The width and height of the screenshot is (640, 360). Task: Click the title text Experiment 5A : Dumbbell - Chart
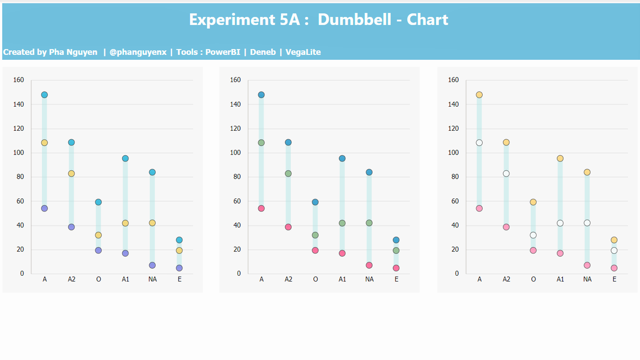[x=318, y=20]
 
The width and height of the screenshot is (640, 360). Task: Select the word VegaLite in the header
[x=303, y=52]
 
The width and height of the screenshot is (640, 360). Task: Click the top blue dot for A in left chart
[x=44, y=95]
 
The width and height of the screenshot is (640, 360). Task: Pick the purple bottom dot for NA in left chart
[x=152, y=265]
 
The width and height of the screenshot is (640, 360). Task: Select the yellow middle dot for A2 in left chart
[x=71, y=173]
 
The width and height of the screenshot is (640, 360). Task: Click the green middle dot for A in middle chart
[x=261, y=142]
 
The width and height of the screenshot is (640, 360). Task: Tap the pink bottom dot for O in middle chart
[x=315, y=250]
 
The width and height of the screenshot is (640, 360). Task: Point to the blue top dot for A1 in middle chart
[x=342, y=158]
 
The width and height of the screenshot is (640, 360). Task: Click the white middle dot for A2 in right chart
[x=506, y=173]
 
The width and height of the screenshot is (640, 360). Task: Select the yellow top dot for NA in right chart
[x=587, y=172]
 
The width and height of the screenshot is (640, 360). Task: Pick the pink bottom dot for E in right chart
[x=614, y=268]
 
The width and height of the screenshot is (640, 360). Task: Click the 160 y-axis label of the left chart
[x=19, y=80]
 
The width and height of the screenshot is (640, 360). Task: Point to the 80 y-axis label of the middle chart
[x=237, y=177]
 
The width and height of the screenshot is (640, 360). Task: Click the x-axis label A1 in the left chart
[x=125, y=279]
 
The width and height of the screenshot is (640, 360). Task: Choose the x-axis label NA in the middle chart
[x=369, y=279]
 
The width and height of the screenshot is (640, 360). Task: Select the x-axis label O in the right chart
[x=533, y=279]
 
